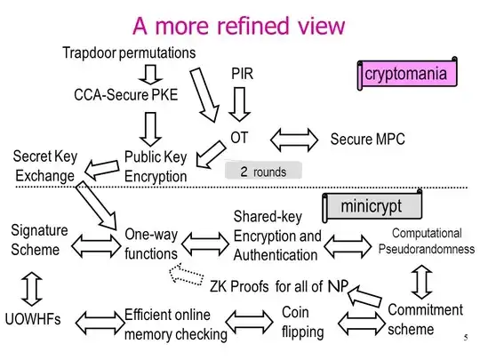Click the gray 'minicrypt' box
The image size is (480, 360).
(x=371, y=207)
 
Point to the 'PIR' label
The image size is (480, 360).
(x=243, y=72)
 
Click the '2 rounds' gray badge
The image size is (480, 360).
(x=262, y=172)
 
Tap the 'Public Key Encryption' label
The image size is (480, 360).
(x=156, y=166)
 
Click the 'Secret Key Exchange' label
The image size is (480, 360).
(x=44, y=166)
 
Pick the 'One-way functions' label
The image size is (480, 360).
(x=151, y=244)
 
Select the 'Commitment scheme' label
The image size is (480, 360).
(x=425, y=320)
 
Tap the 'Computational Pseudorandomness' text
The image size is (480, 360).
(x=427, y=241)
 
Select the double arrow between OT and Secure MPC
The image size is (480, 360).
(x=292, y=140)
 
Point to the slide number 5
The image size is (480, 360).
(x=465, y=339)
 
